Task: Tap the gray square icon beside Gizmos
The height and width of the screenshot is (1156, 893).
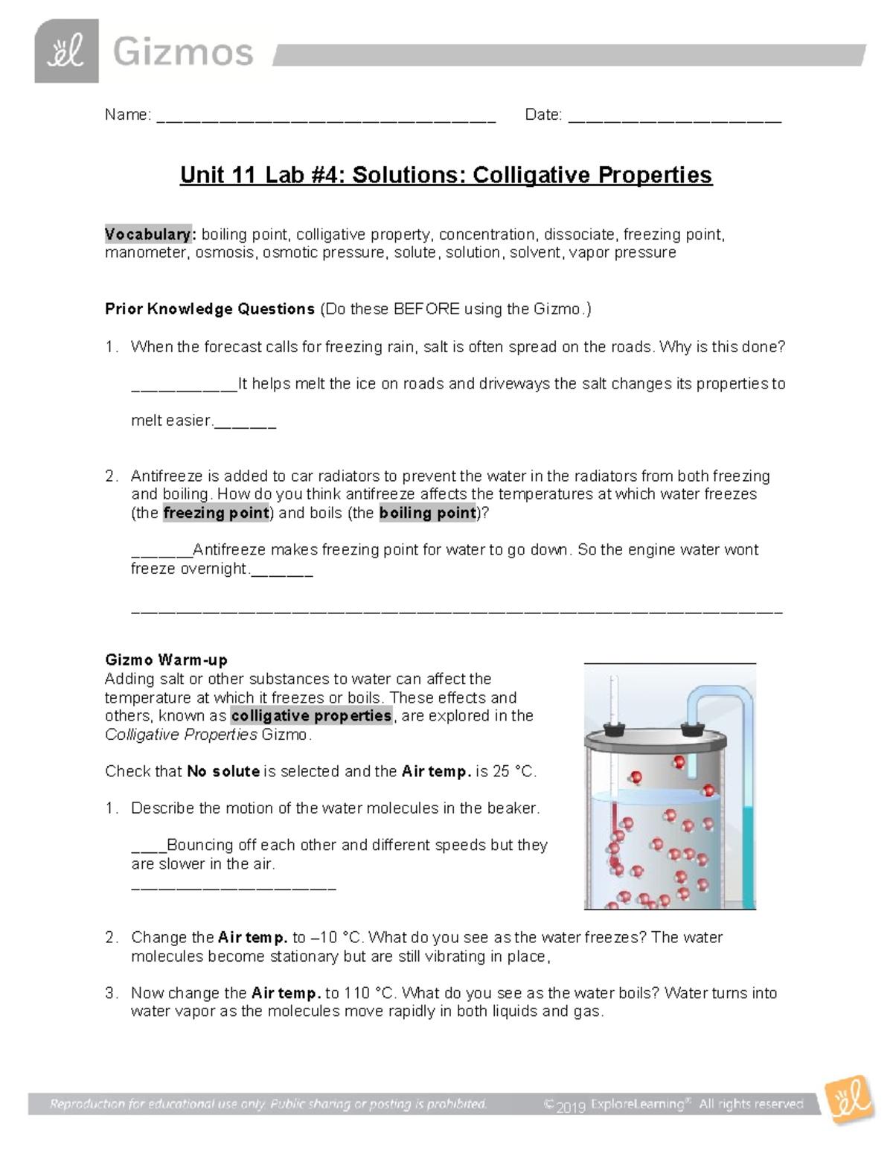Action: pos(66,51)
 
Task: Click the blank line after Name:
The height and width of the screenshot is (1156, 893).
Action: pos(326,118)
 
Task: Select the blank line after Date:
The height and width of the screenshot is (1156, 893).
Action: pos(674,118)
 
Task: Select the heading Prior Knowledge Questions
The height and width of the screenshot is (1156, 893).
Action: pos(210,309)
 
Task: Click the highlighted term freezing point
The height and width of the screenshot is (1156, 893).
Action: pos(216,513)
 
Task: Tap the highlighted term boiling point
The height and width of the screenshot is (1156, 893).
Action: pos(427,513)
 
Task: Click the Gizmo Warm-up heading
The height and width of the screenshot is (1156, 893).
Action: pos(166,660)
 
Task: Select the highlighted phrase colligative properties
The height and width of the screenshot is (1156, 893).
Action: pos(311,716)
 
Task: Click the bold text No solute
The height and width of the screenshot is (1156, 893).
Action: pos(223,771)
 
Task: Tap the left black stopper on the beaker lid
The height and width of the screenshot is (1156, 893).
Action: pos(612,729)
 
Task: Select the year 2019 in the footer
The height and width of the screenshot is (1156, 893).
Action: pos(571,1107)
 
